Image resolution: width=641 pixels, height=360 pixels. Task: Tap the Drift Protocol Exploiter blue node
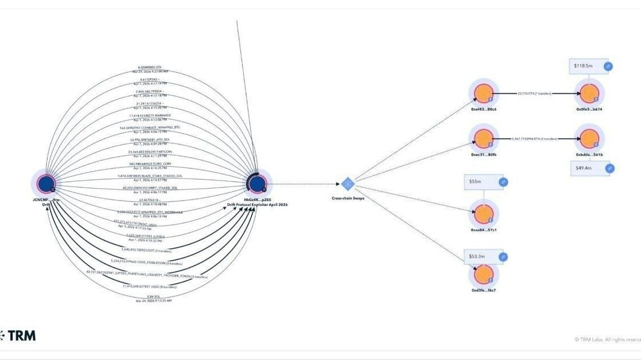(x=257, y=183)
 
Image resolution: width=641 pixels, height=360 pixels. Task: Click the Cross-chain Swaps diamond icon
(x=347, y=184)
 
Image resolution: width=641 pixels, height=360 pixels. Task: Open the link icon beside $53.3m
(x=503, y=257)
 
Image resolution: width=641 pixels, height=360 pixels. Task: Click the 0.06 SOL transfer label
(x=153, y=296)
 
